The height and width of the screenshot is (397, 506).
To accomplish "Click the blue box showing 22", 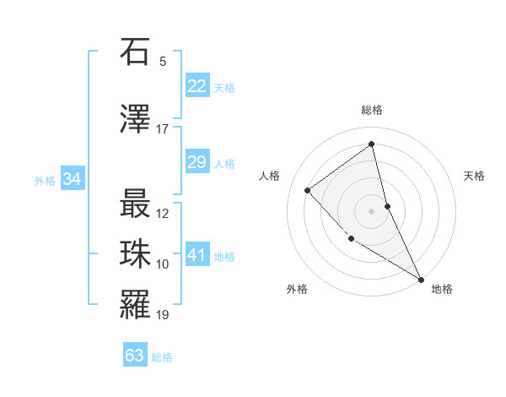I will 197,86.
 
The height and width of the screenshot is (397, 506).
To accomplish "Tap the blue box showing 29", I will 197,162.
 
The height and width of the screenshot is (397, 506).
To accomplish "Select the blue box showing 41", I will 197,256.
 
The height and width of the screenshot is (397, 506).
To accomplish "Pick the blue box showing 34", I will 72,179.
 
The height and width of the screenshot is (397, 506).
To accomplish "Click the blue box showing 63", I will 135,356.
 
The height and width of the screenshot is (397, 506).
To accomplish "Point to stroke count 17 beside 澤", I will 163,129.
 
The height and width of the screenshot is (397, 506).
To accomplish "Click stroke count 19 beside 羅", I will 163,315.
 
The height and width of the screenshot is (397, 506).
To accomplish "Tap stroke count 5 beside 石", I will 163,62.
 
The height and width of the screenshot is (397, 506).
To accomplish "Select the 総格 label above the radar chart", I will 371,110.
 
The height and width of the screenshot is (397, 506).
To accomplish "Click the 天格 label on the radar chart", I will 474,176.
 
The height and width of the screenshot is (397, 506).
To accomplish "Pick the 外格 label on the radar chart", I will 297,289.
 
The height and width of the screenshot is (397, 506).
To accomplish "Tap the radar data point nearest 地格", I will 421,279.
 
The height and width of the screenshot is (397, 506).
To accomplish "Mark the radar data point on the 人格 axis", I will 308,190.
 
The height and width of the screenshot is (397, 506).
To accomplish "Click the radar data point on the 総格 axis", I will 371,144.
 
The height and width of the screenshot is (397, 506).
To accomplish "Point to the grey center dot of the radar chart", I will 371,210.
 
